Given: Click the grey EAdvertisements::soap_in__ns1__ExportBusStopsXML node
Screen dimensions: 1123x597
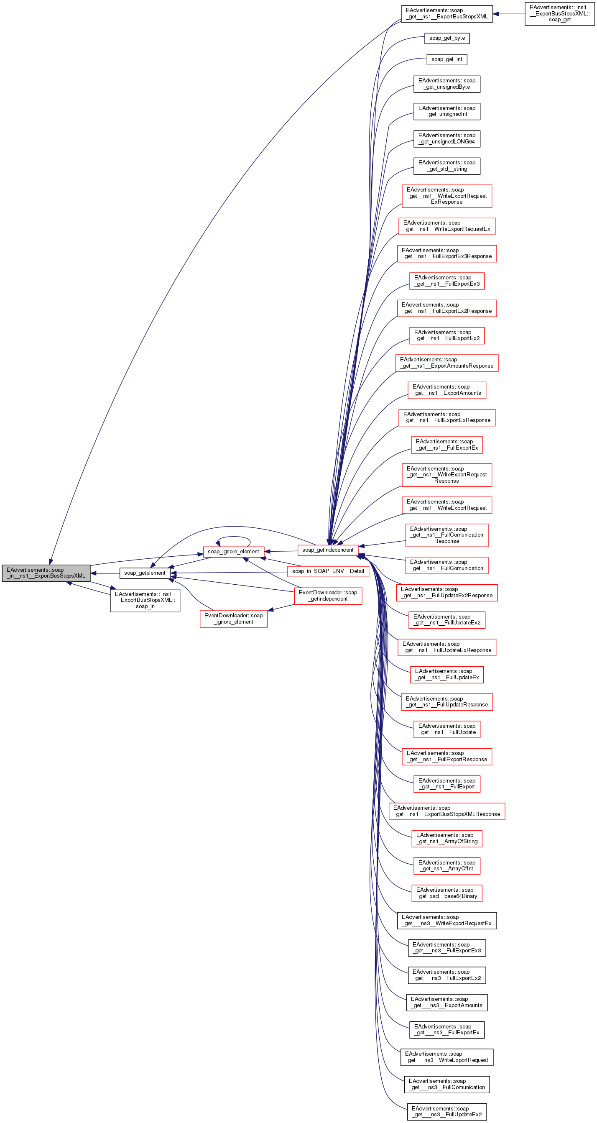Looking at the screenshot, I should [x=46, y=573].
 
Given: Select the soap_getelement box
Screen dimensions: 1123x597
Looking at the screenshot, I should [x=145, y=573].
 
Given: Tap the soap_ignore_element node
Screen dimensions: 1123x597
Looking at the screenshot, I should [x=233, y=552].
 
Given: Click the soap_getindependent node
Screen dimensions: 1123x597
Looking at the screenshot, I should [x=328, y=550].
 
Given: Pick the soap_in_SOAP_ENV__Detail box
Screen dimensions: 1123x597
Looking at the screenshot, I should [x=328, y=571].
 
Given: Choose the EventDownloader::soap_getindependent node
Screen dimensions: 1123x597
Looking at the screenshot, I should [x=328, y=596].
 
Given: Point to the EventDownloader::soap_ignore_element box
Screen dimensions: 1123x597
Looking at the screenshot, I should [x=233, y=619].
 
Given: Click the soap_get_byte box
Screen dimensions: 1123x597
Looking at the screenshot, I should [x=446, y=38].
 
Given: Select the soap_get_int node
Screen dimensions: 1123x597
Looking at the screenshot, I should [x=446, y=59].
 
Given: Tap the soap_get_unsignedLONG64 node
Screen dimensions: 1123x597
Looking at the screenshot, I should [x=446, y=138].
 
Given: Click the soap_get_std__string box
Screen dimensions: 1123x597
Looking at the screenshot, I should [x=446, y=166].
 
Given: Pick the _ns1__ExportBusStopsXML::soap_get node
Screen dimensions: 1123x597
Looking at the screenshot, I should [x=559, y=13].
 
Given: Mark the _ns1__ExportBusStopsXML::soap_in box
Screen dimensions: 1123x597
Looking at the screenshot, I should [x=145, y=600].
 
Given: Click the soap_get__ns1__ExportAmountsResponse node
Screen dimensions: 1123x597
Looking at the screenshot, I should [x=446, y=363].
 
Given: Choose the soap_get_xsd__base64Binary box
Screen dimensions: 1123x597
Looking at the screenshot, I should [x=446, y=893].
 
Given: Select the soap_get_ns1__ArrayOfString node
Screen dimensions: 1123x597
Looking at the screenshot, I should [x=446, y=838].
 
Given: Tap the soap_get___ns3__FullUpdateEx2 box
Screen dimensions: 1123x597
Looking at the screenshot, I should [x=446, y=1111].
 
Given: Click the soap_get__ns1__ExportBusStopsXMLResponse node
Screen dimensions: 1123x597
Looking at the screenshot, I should [x=446, y=811].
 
